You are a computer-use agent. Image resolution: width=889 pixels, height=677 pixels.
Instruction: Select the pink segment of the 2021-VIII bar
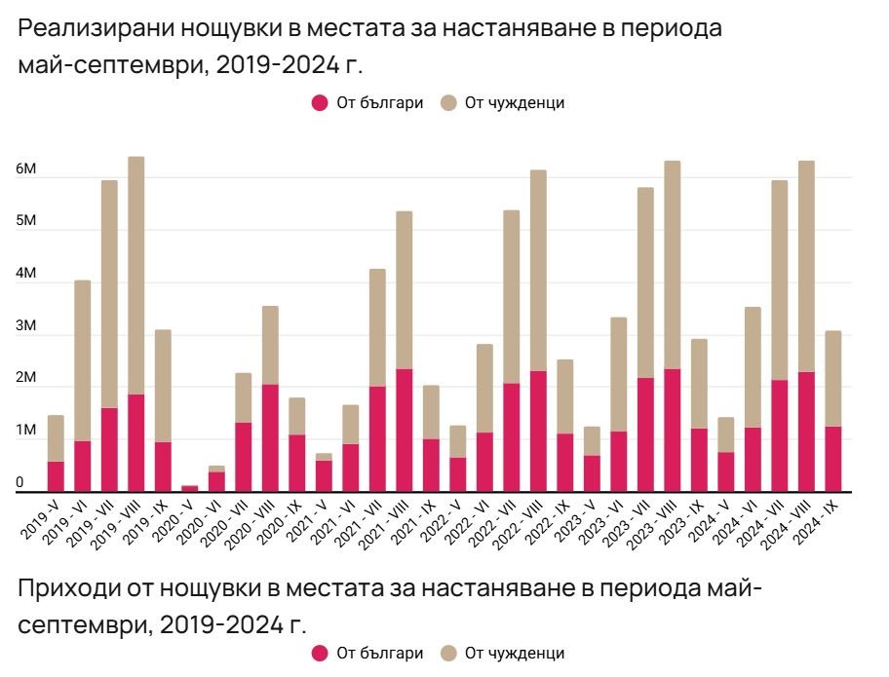pyautogui.click(x=405, y=430)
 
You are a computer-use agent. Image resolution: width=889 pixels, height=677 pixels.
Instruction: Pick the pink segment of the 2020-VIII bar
pyautogui.click(x=270, y=437)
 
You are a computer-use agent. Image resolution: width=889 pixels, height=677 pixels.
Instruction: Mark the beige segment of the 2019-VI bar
pyautogui.click(x=83, y=360)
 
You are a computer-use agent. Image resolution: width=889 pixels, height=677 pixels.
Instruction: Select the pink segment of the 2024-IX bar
pyautogui.click(x=833, y=458)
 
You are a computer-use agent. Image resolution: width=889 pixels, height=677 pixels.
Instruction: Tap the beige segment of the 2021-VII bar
pyautogui.click(x=377, y=327)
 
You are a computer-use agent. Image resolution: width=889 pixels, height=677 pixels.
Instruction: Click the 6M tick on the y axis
pyautogui.click(x=26, y=169)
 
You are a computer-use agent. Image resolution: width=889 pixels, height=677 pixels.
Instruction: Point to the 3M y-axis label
pyautogui.click(x=26, y=326)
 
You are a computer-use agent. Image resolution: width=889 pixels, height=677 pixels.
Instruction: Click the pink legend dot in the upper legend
pyautogui.click(x=320, y=102)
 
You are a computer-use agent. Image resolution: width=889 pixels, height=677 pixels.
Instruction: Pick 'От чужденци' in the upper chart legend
pyautogui.click(x=514, y=102)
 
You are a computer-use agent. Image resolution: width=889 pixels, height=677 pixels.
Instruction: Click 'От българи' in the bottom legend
pyautogui.click(x=379, y=653)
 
